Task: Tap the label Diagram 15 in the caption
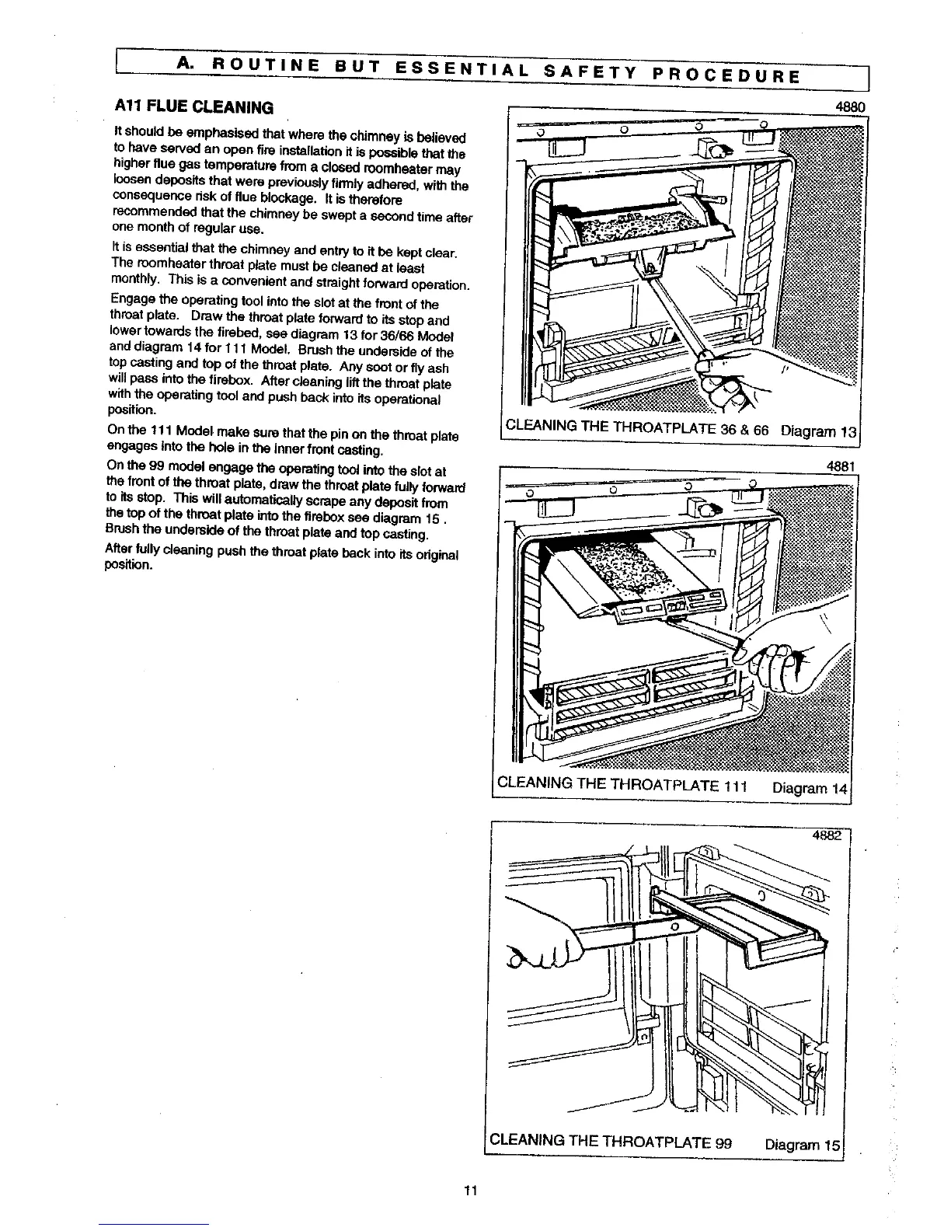803,1144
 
